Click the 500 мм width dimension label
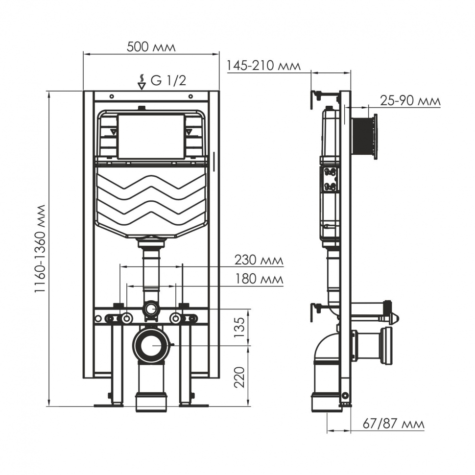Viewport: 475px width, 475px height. pos(151,47)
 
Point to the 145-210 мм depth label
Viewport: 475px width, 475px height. pos(264,66)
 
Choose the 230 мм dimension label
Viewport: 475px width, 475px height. pos(259,261)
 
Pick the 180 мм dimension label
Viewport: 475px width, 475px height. pos(259,279)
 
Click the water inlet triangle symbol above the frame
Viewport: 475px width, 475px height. pos(142,85)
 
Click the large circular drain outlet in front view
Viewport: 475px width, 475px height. pos(152,345)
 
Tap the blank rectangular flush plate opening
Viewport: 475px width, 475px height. pos(151,137)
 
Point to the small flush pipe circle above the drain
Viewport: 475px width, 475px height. pos(151,309)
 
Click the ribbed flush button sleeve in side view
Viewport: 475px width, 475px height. pos(363,137)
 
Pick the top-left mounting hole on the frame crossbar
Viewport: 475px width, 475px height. pos(112,96)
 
